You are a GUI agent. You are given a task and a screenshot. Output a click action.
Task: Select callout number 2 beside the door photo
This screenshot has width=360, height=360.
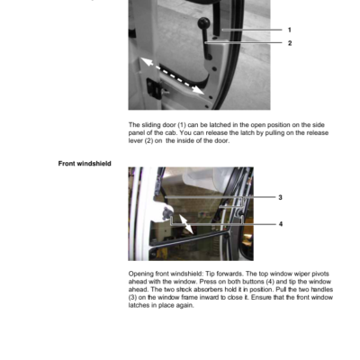click(x=290, y=43)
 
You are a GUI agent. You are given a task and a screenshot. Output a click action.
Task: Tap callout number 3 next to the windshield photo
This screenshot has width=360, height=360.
click(x=280, y=197)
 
